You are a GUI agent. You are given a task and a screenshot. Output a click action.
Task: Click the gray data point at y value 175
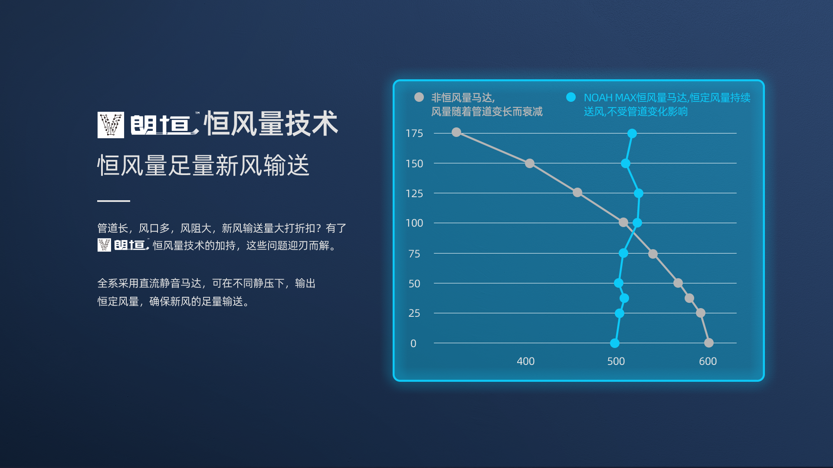(456, 132)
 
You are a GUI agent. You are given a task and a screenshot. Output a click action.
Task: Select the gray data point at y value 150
(530, 163)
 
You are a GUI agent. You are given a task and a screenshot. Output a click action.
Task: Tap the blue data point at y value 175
(632, 133)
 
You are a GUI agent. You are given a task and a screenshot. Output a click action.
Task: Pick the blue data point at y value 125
(639, 193)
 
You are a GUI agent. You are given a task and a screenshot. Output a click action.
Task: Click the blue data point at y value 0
(615, 343)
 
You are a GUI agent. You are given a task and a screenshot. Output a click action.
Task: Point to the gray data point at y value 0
(709, 343)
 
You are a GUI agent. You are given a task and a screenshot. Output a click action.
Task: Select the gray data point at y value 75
(653, 254)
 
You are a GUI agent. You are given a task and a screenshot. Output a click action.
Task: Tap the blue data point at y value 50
(619, 283)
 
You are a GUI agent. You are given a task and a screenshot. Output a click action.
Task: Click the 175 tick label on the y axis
(414, 133)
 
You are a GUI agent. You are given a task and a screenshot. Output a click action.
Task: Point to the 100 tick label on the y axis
(414, 223)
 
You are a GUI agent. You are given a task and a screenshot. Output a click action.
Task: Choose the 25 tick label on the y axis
(414, 313)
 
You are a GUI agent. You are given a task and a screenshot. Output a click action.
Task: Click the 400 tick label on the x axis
(526, 361)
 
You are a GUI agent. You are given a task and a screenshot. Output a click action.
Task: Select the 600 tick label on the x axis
(708, 361)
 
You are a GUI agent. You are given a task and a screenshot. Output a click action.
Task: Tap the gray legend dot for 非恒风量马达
(419, 97)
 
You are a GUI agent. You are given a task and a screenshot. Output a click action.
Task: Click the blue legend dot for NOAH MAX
(571, 97)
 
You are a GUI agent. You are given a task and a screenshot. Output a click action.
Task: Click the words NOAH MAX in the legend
(610, 98)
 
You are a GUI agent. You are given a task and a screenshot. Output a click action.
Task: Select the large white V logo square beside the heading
(111, 125)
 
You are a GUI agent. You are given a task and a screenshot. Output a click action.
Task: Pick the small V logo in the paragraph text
(104, 245)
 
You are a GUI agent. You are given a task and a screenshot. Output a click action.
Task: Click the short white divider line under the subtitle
(114, 201)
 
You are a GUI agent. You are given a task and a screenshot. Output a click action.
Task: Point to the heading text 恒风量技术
(271, 123)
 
